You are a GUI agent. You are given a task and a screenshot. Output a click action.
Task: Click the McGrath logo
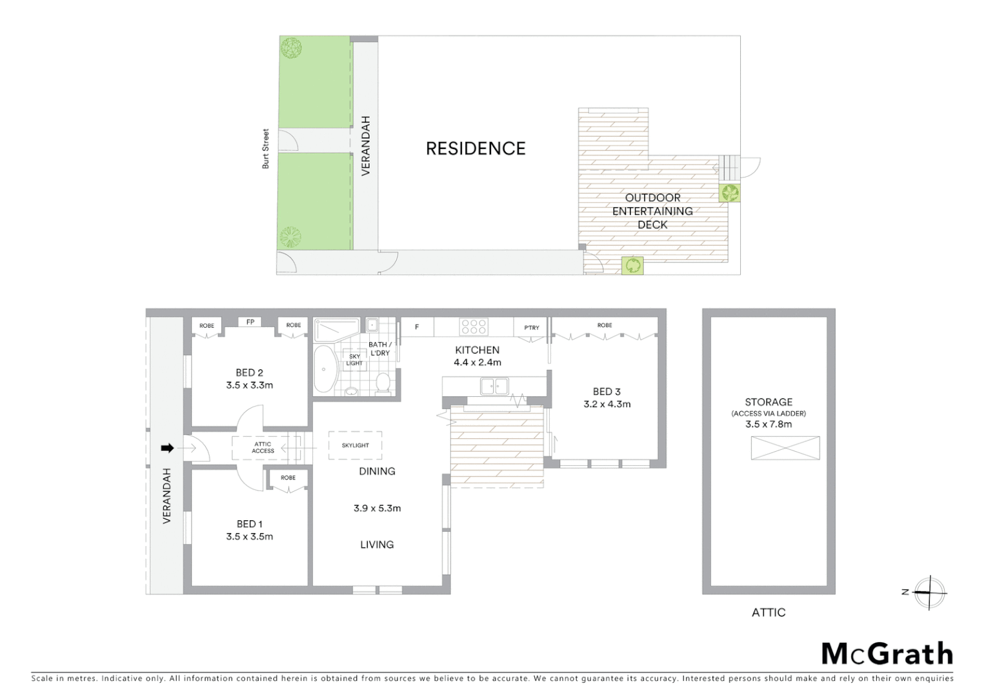click(887, 654)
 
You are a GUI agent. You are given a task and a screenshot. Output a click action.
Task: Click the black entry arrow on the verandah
click(167, 448)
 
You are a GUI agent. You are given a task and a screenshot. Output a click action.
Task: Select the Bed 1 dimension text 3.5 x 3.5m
click(249, 536)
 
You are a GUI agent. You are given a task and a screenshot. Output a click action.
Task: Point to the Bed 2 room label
click(249, 372)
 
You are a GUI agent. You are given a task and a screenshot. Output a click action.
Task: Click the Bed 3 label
click(607, 391)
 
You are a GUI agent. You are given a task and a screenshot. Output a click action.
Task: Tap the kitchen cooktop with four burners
click(474, 327)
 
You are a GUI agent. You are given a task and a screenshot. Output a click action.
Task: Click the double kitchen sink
click(494, 386)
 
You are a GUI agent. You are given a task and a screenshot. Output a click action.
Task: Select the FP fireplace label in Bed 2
click(250, 321)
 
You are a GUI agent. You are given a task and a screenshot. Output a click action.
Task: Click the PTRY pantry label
click(531, 327)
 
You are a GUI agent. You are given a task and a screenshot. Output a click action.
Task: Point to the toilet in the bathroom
click(383, 383)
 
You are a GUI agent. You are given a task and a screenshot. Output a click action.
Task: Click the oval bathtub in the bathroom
click(325, 371)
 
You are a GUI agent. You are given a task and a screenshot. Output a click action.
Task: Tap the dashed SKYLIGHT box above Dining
click(355, 445)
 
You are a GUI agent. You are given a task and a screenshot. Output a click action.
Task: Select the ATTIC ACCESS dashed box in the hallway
click(263, 447)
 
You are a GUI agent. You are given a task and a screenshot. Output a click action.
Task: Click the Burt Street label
click(265, 149)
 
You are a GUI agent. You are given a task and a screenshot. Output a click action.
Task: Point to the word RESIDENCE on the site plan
click(476, 148)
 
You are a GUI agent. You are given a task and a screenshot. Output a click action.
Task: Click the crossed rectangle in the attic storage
click(785, 448)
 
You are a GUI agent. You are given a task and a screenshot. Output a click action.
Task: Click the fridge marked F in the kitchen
click(417, 327)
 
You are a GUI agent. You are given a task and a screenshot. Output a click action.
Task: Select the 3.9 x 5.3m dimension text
click(377, 508)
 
